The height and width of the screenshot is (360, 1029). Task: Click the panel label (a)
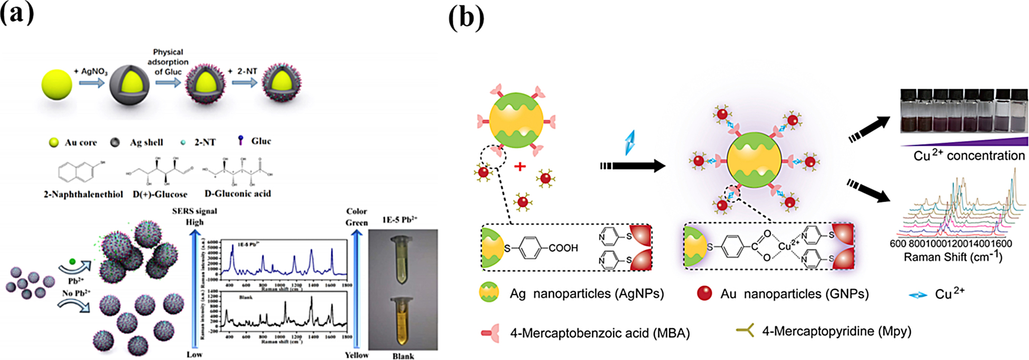tap(17, 13)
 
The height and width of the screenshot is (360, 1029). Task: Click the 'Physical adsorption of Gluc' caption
tap(168, 62)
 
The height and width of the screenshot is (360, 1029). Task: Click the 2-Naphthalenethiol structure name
tap(83, 194)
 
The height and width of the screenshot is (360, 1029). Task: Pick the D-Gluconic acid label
tap(237, 194)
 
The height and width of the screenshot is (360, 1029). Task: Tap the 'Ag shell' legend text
tap(146, 142)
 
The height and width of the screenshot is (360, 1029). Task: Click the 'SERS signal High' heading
tap(194, 216)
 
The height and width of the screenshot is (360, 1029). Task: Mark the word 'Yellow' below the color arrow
tap(357, 355)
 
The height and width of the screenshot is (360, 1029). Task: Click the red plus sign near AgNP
tap(520, 167)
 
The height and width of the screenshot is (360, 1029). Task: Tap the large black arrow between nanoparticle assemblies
tap(633, 166)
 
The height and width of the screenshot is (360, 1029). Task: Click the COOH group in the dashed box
tap(563, 248)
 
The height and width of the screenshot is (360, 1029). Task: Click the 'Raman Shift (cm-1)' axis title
tap(953, 258)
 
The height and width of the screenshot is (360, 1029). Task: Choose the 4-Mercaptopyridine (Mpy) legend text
tap(836, 331)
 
